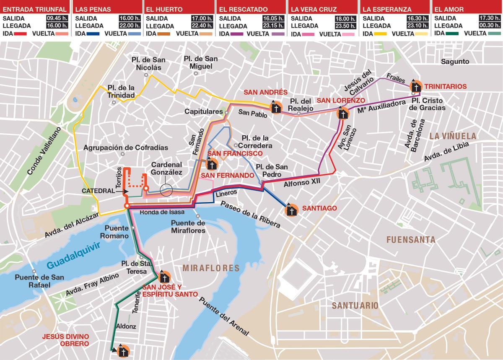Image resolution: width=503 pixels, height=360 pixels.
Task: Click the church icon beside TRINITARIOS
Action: (415, 87)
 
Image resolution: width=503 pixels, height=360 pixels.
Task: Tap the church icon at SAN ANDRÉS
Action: (275, 107)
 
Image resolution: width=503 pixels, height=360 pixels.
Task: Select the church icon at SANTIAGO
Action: (291, 210)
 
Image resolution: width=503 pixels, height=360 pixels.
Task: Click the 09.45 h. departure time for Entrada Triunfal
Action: (57, 18)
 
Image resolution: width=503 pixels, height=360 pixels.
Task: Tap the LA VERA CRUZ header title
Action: (308, 9)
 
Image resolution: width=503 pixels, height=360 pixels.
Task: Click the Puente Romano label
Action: (117, 232)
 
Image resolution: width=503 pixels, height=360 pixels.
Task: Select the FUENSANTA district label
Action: (410, 240)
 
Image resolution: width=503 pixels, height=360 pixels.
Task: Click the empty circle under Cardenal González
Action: (166, 191)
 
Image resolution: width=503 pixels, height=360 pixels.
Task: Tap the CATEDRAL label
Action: (98, 191)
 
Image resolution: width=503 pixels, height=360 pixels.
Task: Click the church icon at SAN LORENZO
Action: (342, 114)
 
